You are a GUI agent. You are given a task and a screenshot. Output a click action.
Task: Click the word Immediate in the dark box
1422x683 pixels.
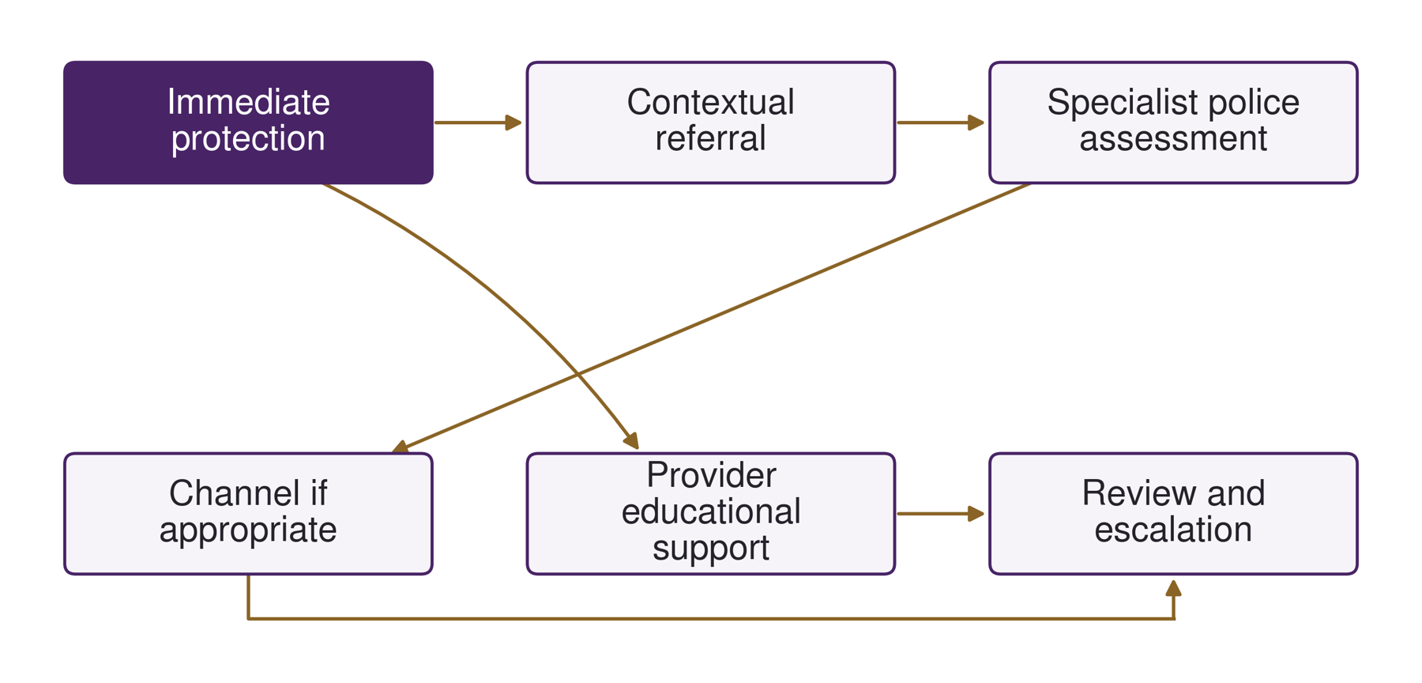248,102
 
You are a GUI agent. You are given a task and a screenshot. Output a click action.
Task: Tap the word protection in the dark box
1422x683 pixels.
248,138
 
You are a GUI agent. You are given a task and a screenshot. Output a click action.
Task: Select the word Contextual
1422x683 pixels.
710,102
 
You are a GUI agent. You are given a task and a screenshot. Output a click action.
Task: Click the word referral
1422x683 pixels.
710,138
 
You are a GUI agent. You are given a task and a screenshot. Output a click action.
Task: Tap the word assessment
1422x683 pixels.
1173,139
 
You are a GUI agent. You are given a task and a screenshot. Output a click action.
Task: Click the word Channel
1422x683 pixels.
224,493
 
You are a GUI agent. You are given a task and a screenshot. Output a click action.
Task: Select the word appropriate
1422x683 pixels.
248,530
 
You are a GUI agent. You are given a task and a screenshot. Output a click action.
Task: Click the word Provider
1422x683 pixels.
711,475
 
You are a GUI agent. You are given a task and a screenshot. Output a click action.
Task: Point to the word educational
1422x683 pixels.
711,511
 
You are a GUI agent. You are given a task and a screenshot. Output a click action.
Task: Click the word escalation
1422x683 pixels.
1173,530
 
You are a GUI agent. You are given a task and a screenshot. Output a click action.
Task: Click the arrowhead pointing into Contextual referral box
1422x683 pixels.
513,123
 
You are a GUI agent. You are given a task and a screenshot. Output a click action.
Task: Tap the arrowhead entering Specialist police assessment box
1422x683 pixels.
976,123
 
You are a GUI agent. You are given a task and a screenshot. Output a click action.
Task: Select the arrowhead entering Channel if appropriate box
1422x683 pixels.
401,447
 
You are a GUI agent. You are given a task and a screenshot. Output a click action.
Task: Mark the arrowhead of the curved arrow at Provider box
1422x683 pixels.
631,441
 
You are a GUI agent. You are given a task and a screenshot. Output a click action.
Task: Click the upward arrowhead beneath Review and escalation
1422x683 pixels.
1173,588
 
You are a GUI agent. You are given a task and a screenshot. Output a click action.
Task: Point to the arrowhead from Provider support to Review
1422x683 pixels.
976,514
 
